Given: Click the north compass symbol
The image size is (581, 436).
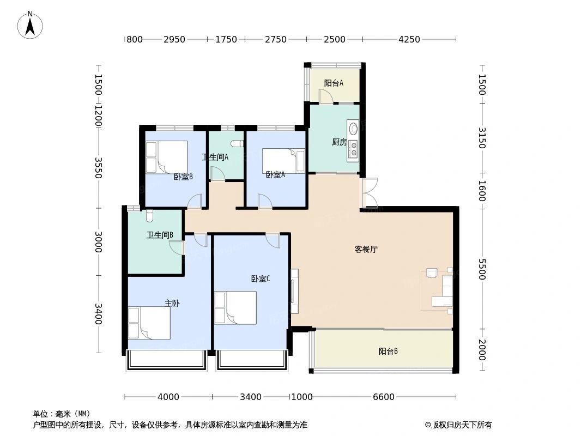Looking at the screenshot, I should (x=31, y=25).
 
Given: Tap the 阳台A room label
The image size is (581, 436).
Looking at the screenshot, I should (x=334, y=83).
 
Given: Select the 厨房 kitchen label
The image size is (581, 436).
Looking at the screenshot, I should (x=339, y=142).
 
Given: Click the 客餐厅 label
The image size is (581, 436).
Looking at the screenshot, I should (x=366, y=250).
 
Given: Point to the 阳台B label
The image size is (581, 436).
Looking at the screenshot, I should (x=388, y=352).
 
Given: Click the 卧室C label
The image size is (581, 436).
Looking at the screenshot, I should (x=261, y=278).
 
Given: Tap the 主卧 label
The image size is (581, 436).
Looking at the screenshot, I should (x=172, y=303).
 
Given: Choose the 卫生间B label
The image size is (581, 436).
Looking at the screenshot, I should (x=160, y=235).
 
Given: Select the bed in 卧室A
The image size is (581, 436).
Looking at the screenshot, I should (x=283, y=160).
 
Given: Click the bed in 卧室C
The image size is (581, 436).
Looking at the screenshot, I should (x=235, y=307).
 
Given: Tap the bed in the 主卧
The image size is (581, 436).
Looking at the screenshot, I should (x=149, y=323).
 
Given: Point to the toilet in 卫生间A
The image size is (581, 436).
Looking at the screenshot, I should (x=236, y=144).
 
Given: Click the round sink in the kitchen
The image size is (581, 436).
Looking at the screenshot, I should (x=353, y=129).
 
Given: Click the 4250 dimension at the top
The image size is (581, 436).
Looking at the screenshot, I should (x=409, y=39).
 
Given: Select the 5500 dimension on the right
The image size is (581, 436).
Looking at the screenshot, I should (x=481, y=269).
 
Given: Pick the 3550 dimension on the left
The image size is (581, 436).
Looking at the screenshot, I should (x=98, y=168).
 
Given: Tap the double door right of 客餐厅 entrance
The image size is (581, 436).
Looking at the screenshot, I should (x=369, y=193).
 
